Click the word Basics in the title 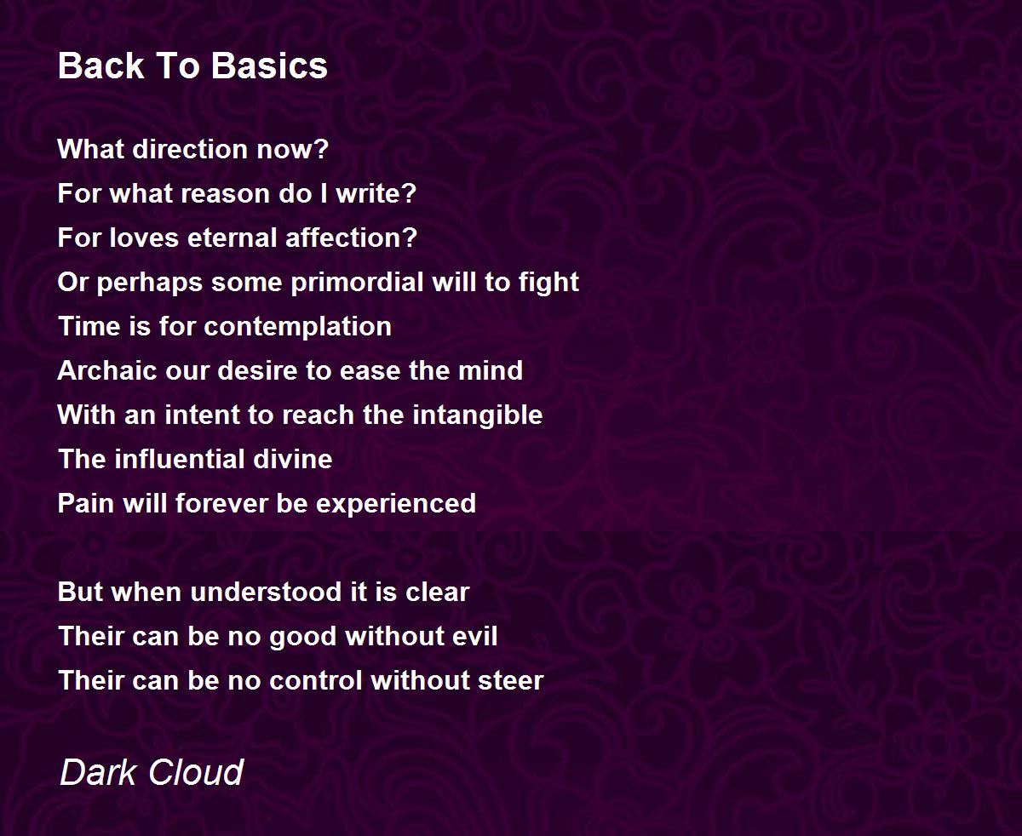(269, 66)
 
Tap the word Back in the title (100, 66)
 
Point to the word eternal (232, 238)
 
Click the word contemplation (297, 326)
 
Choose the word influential (180, 459)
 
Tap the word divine (293, 459)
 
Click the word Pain (86, 503)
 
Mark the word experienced (396, 503)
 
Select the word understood (266, 592)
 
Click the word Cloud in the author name (196, 772)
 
